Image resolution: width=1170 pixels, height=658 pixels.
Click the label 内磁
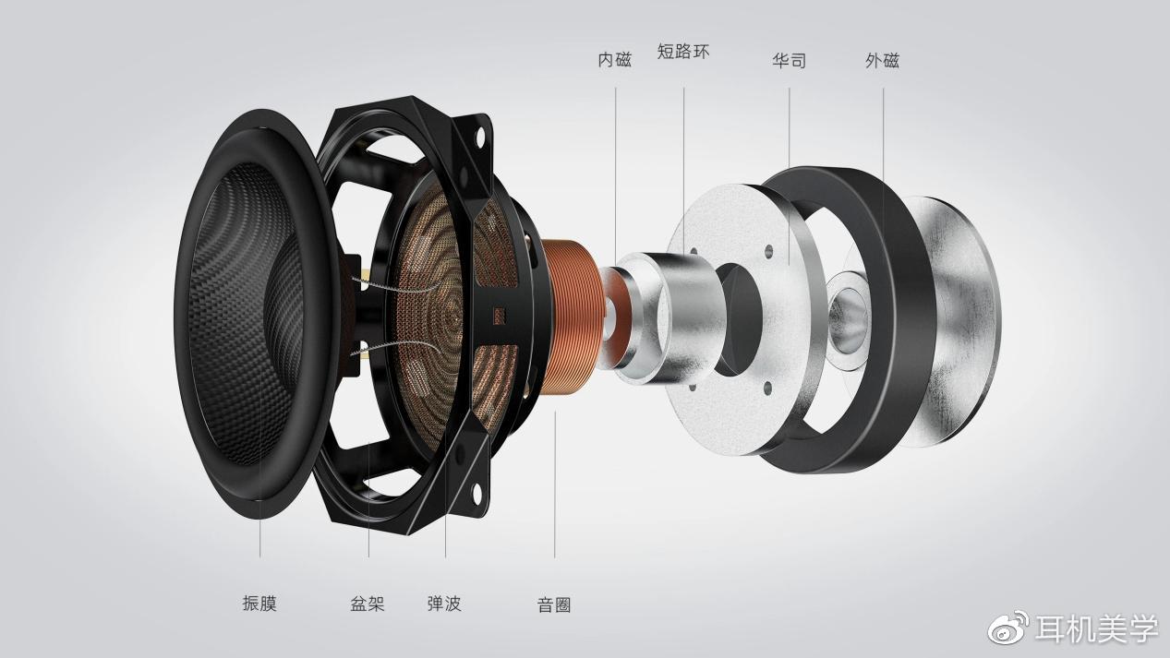(x=615, y=60)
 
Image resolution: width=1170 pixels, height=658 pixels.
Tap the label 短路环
(x=683, y=52)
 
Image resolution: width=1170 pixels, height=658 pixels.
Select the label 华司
(x=790, y=61)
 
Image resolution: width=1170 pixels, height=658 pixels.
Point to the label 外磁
(x=882, y=61)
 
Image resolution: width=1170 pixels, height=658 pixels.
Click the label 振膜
(x=259, y=604)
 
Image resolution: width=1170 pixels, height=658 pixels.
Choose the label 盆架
(x=368, y=604)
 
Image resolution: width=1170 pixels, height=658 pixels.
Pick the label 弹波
(x=444, y=604)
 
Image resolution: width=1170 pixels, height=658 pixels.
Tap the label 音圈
(x=554, y=604)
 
